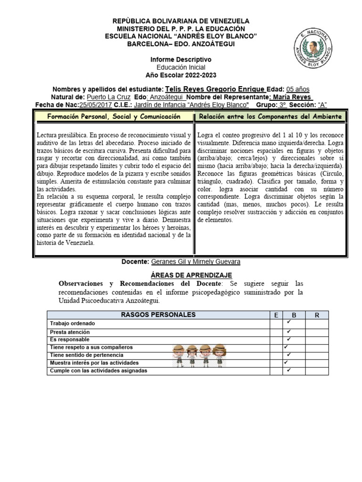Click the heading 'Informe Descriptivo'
pyautogui.click(x=181, y=60)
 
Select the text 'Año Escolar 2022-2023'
pyautogui.click(x=181, y=75)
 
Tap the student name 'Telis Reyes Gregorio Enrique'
pyautogui.click(x=215, y=89)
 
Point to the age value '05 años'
pyautogui.click(x=298, y=89)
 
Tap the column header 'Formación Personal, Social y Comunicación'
pyautogui.click(x=114, y=116)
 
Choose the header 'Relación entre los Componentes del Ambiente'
pyautogui.click(x=271, y=116)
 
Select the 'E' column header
pyautogui.click(x=276, y=315)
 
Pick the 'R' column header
pyautogui.click(x=317, y=315)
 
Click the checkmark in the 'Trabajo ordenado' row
pyautogui.click(x=288, y=323)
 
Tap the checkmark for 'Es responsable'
pyautogui.click(x=288, y=339)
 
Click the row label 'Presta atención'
pyautogui.click(x=70, y=332)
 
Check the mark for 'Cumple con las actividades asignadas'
pyautogui.click(x=288, y=370)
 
